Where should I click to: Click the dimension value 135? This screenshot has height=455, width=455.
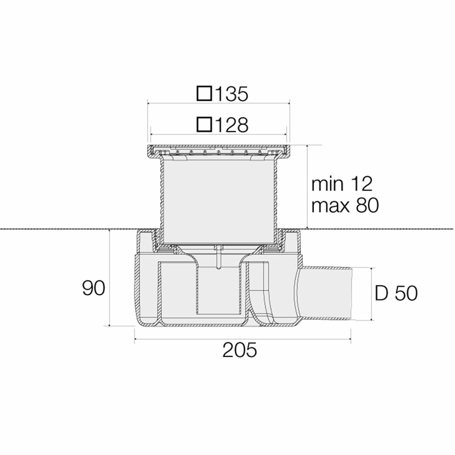(231, 94)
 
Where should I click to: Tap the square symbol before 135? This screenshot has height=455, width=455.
(205, 94)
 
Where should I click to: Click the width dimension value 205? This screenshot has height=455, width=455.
(240, 350)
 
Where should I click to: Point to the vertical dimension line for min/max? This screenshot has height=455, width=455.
(306, 187)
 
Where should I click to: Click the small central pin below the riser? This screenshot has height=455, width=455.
(218, 258)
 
